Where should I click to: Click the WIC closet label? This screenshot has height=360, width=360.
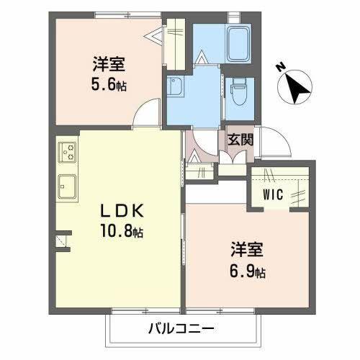point(273,194)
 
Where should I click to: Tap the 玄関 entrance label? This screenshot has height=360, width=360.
point(240,140)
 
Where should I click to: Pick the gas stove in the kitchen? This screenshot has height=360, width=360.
point(70,153)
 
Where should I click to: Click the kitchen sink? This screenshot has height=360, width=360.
point(69,186)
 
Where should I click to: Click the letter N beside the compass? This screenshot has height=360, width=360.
point(280,66)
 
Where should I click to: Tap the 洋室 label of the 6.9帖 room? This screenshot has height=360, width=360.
point(246,253)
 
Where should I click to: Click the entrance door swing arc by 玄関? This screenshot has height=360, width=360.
point(275,141)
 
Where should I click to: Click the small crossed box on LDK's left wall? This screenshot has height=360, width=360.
point(63,240)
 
